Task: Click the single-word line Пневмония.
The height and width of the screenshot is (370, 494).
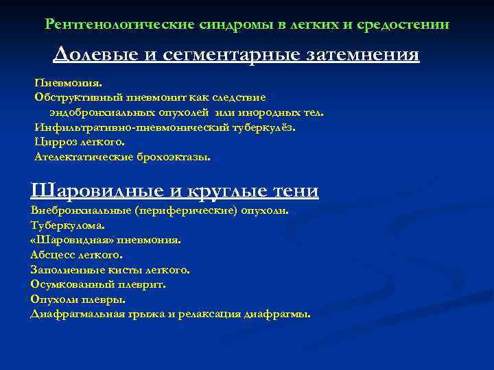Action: [x=67, y=83]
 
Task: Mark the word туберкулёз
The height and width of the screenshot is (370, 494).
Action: [x=263, y=127]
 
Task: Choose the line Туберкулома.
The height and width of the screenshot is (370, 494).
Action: [x=68, y=225]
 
